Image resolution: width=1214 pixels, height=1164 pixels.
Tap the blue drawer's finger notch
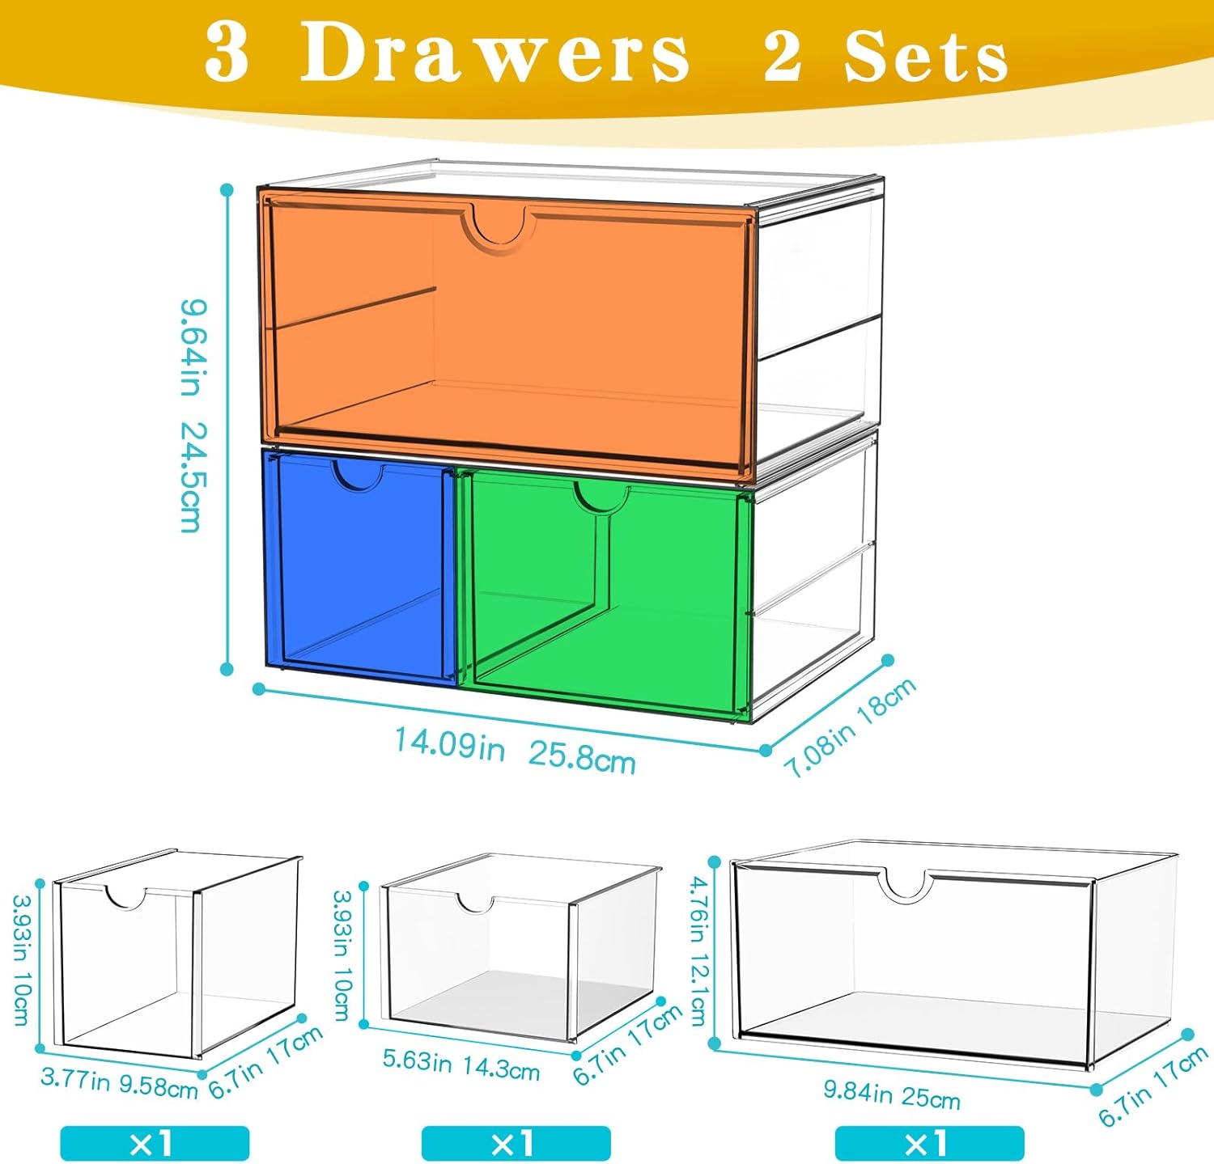(x=358, y=476)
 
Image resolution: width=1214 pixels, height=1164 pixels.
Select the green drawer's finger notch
(x=601, y=497)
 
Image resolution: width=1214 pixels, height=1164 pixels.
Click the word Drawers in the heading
(x=495, y=53)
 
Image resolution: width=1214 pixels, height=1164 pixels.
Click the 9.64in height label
(x=193, y=348)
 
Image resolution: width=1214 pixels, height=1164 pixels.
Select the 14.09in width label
(x=449, y=743)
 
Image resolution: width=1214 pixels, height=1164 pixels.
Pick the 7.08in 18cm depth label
(x=851, y=726)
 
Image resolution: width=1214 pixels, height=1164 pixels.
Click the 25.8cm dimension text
(x=582, y=758)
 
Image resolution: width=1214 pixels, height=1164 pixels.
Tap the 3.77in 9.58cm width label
(x=119, y=1081)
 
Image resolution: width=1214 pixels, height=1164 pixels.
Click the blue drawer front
(x=359, y=566)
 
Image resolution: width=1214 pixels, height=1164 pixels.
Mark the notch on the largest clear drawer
(x=905, y=889)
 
